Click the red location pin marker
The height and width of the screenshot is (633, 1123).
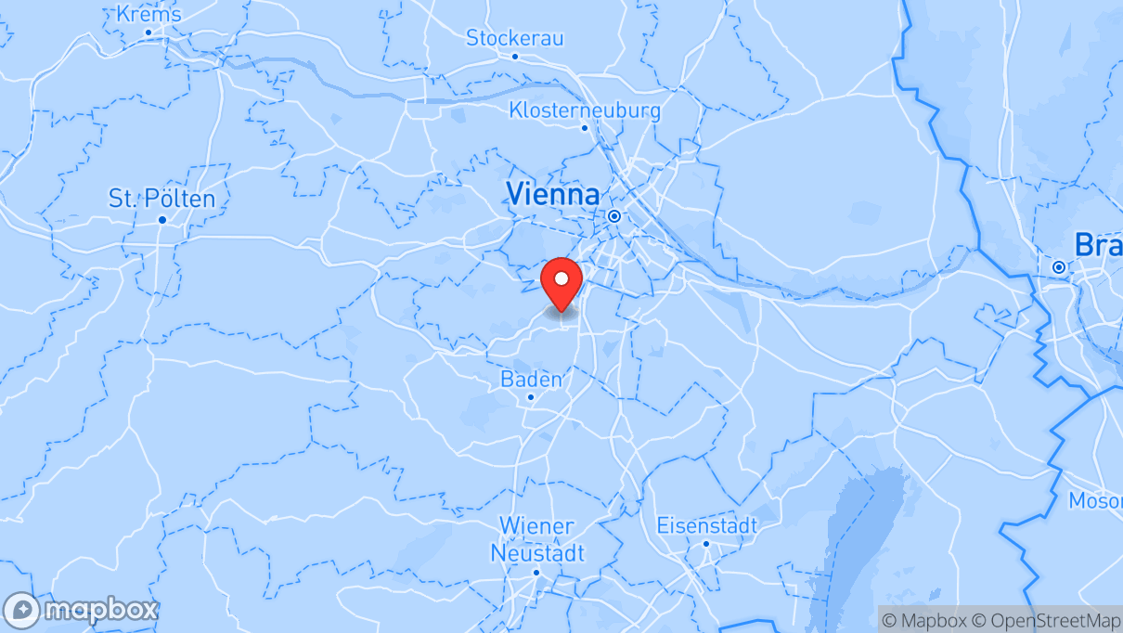pos(561,283)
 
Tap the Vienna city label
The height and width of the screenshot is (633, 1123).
pos(552,194)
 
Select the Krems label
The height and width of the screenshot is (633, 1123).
pos(149,14)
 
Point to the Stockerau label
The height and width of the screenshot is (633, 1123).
pos(514,38)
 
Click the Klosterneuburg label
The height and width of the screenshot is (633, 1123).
pos(585,110)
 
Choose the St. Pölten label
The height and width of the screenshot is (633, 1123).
pos(161,199)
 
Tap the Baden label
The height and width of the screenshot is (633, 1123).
pos(531,379)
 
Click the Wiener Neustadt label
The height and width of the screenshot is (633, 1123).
pos(537,539)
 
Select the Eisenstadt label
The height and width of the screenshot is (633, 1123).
pos(706,525)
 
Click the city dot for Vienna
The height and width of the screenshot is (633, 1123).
pos(614,216)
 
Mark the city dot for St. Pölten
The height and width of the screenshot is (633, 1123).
pos(161,220)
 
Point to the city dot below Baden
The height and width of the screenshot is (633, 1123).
pos(531,397)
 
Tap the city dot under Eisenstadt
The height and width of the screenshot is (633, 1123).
pos(706,544)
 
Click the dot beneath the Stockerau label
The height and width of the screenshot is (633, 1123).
pos(515,56)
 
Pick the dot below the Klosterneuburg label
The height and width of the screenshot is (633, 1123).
pos(585,128)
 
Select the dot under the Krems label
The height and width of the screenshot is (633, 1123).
pos(148,32)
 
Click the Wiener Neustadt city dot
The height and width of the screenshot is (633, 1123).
pos(536,572)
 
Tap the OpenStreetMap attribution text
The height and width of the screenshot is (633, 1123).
pos(1055,620)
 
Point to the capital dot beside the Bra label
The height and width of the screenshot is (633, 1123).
pos(1059,267)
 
